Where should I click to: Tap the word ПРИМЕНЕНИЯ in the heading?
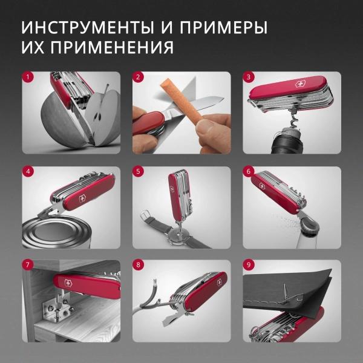(x=111, y=47)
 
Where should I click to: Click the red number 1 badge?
(x=28, y=77)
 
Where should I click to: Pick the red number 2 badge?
(x=138, y=77)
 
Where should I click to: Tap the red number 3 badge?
(x=248, y=77)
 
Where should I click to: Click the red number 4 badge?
(x=28, y=171)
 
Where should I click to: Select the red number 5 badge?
(x=138, y=171)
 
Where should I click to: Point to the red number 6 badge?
(x=248, y=171)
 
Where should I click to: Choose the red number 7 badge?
(x=28, y=265)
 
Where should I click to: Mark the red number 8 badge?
(x=138, y=265)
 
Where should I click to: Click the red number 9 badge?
(x=248, y=265)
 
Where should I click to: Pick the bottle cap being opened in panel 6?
(x=310, y=225)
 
